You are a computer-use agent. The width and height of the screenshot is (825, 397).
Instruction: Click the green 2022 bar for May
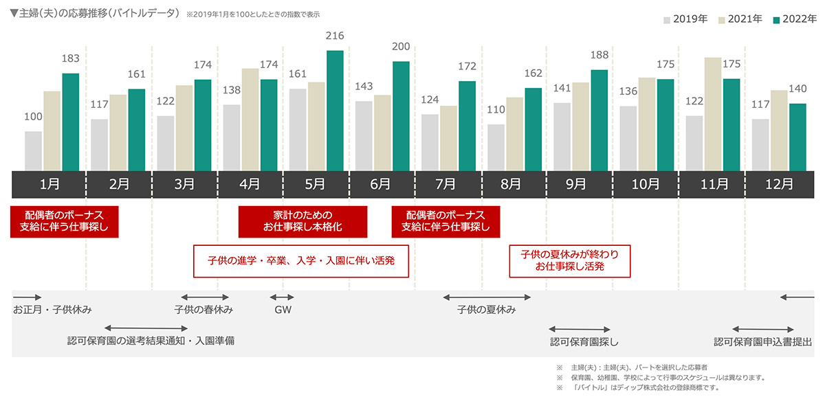click(335, 111)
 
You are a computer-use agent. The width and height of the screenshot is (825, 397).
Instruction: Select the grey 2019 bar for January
click(33, 151)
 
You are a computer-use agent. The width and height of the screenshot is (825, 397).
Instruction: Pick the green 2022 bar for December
click(797, 137)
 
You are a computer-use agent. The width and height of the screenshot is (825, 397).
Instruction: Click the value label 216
click(335, 36)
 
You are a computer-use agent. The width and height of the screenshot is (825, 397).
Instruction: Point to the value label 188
click(599, 55)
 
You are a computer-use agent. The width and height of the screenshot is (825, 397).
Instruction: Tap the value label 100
click(33, 117)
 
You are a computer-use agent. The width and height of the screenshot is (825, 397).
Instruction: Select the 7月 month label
click(445, 184)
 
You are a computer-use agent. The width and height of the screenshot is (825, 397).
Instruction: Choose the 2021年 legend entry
click(740, 19)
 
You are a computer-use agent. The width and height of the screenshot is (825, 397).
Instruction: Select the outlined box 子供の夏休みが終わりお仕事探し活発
click(569, 260)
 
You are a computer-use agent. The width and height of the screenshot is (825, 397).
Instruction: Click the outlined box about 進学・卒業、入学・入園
click(297, 260)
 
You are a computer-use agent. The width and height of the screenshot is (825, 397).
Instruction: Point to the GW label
click(282, 310)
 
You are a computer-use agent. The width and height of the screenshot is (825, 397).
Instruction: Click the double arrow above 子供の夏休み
click(487, 297)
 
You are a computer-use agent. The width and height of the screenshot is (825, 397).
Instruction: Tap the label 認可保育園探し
click(584, 341)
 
